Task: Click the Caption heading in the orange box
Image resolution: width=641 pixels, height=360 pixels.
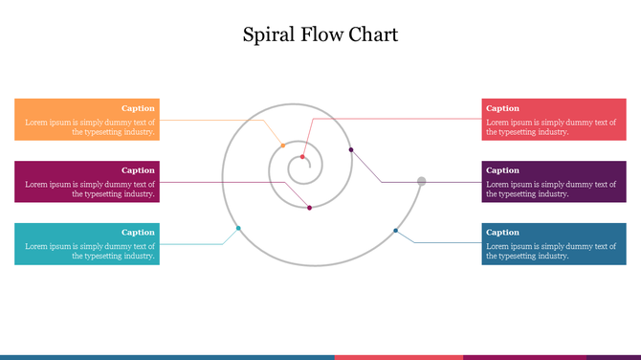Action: pos(138,108)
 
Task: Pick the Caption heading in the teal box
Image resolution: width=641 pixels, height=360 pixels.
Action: pos(138,232)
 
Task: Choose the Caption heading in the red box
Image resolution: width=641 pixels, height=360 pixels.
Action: pos(502,108)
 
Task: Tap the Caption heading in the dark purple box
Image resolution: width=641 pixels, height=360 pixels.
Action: pos(502,170)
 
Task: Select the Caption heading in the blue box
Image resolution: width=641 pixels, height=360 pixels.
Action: pos(502,232)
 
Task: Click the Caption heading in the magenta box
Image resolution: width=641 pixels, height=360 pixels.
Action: pos(138,170)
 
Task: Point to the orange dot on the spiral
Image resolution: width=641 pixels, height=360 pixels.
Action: pos(282,145)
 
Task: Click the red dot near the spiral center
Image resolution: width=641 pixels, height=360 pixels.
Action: pos(302,157)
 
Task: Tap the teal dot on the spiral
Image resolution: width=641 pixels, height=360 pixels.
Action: pos(238,228)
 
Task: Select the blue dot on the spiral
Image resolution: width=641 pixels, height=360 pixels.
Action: pos(395,230)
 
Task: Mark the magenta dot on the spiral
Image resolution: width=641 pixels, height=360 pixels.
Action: pos(309,208)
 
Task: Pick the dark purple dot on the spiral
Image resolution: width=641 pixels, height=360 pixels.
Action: pos(351,149)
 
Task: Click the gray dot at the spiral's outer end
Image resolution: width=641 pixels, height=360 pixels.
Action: pos(421,181)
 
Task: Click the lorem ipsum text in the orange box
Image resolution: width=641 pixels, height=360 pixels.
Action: pos(90,127)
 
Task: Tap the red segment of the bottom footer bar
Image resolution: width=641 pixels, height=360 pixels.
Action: pos(398,357)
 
